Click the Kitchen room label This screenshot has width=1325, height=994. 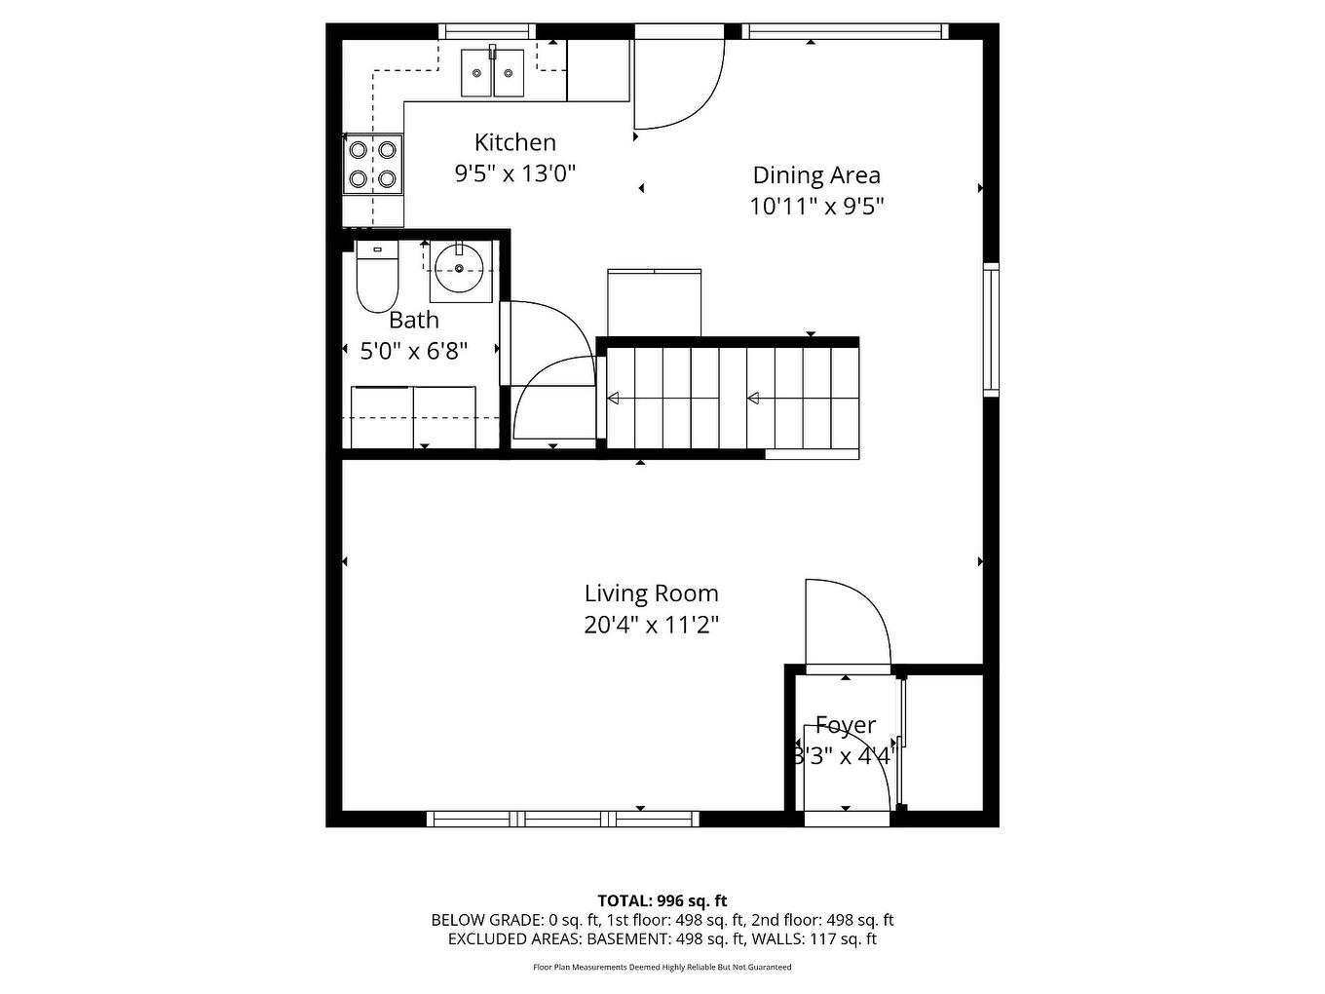coord(514,142)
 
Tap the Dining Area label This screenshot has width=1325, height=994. coord(816,175)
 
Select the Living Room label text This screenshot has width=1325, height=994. coord(651,593)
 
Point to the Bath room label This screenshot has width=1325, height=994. coord(414,320)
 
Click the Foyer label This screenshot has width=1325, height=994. coord(845,725)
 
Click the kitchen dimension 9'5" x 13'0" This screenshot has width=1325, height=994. coord(514,173)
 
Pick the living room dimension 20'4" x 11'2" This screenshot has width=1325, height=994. coord(651,625)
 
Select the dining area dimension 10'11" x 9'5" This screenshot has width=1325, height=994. coord(816,207)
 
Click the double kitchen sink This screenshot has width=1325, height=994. coord(493,72)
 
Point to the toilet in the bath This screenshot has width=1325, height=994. coord(376,279)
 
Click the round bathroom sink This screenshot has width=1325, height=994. coord(460,267)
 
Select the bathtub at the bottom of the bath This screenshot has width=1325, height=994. coord(413,417)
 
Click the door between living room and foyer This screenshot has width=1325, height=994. coord(845,624)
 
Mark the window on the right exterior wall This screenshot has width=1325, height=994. coord(991,328)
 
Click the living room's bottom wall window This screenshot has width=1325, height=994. coord(564,819)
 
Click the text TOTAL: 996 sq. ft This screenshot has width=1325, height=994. coord(662,900)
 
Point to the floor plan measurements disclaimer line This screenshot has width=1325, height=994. coord(662,968)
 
